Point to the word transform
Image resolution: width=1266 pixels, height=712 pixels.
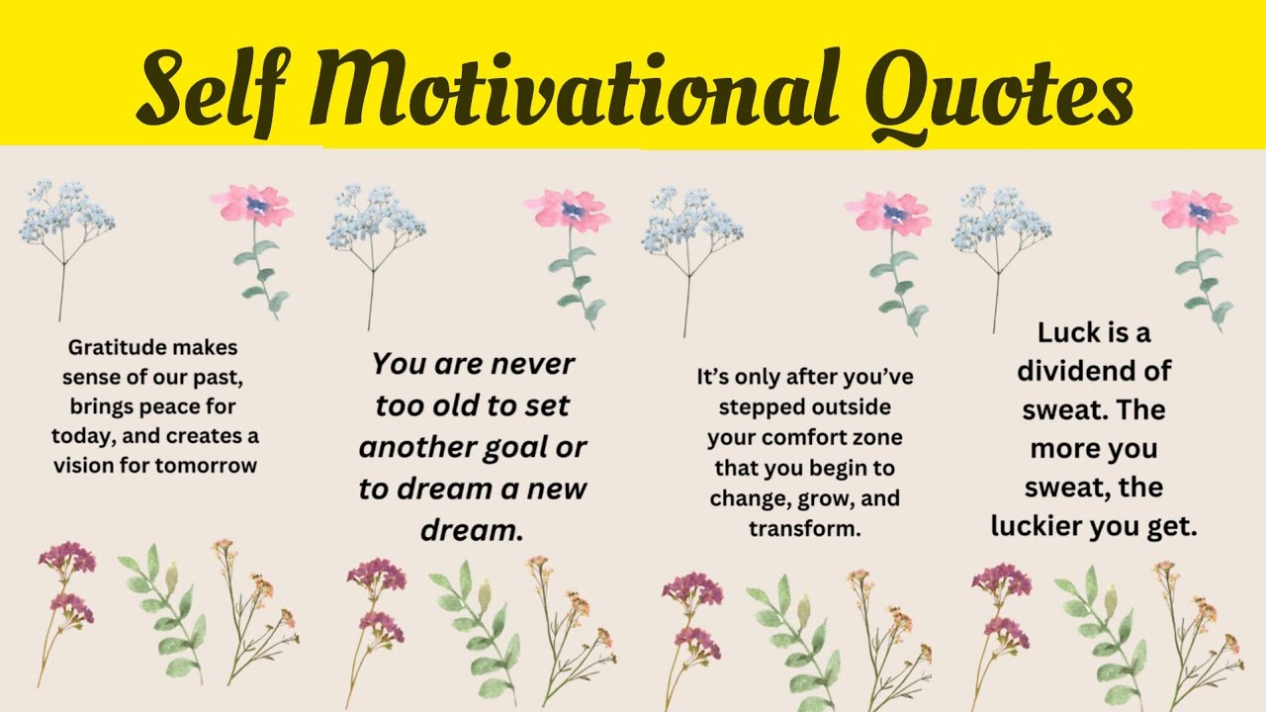click(804, 528)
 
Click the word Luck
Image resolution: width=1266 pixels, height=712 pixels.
click(1070, 332)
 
